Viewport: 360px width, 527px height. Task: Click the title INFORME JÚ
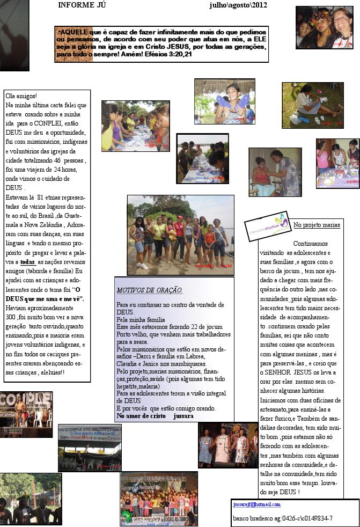82,5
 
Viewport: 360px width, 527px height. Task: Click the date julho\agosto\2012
238,5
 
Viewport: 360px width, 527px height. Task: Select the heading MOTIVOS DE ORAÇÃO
149,291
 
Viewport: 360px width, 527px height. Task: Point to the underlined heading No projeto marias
317,224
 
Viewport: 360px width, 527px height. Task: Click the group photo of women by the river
180,235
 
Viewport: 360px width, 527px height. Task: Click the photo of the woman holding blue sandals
224,101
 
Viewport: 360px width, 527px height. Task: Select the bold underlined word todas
27,262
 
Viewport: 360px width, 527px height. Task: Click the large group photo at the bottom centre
158,498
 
